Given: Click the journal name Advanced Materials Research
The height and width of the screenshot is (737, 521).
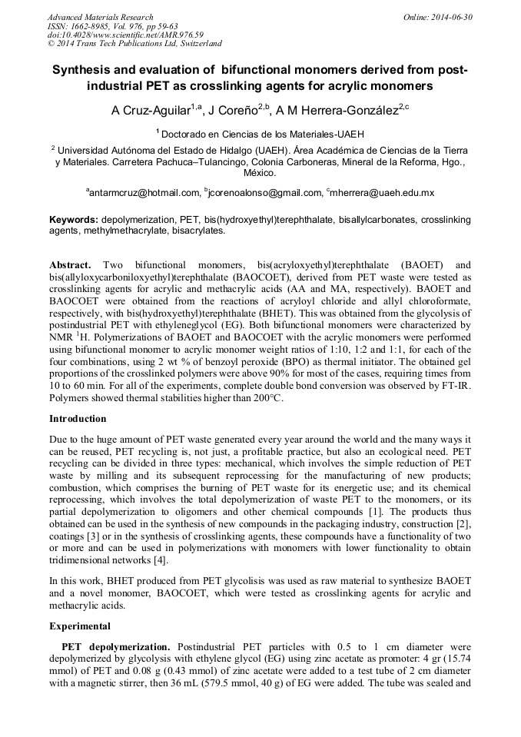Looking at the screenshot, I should pos(100,17).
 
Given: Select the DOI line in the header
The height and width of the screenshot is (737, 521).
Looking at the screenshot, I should pos(125,35).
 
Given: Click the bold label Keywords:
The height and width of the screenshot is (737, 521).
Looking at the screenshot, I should pos(74,220).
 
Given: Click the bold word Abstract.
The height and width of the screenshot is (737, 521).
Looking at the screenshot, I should pos(70,264).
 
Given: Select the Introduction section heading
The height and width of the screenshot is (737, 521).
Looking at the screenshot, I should pos(78,419).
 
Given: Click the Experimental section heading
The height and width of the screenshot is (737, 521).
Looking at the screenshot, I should pos(79,626).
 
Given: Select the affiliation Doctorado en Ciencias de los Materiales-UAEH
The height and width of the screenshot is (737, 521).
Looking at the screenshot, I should pos(262,133).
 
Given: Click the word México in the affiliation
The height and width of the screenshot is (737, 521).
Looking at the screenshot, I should pos(260,173).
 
